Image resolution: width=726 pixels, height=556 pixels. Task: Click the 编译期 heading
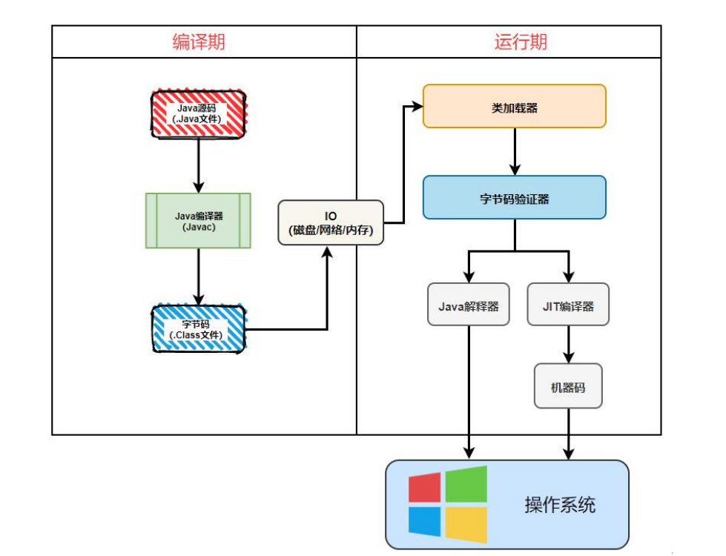(198, 42)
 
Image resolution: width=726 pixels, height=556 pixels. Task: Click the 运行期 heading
(521, 42)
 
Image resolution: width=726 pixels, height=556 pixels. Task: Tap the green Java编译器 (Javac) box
(197, 221)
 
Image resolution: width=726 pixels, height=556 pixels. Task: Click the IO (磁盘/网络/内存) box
(331, 223)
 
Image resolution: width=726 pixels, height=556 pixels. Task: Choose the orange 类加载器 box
(514, 106)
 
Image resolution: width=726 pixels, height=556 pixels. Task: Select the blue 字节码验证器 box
(514, 198)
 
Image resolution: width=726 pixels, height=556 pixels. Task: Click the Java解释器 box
(469, 305)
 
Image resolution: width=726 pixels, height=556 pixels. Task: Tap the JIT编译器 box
(568, 305)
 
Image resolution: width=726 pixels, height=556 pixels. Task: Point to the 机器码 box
(568, 385)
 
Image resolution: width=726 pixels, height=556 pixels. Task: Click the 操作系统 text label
(560, 506)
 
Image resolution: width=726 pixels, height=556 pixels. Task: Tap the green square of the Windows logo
(466, 484)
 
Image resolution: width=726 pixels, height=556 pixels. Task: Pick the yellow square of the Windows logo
(466, 523)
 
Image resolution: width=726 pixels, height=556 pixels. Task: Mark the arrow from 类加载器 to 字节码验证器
(514, 151)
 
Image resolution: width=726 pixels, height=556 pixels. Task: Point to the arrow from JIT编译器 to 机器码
(568, 344)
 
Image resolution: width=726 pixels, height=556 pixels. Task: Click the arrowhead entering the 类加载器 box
(416, 106)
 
